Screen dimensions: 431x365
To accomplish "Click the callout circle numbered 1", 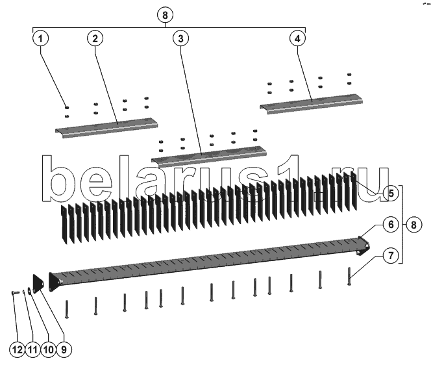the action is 40,38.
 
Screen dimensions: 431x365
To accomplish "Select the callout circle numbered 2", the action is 95,38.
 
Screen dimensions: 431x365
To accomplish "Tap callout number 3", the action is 180,38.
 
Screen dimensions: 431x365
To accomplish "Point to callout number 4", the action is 297,38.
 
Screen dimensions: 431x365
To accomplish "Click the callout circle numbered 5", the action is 391,193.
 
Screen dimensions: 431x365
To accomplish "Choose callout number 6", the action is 391,225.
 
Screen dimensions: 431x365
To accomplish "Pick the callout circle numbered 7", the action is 391,255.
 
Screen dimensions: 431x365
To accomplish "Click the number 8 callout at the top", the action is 165,15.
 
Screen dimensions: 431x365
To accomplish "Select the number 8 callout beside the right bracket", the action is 413,225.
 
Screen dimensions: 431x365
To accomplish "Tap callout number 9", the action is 64,350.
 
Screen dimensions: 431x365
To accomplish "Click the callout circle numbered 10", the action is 49,350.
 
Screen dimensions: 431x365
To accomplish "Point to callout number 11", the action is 32,350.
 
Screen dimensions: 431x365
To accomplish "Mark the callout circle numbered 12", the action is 17,350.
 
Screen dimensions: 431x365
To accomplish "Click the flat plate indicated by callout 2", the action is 106,128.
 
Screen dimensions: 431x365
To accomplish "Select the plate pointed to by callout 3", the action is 209,157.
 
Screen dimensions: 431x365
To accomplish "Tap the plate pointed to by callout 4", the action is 311,104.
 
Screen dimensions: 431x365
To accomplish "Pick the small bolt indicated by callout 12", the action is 16,293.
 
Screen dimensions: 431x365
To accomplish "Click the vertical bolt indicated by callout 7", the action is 349,276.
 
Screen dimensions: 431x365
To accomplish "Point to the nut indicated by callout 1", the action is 67,108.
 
